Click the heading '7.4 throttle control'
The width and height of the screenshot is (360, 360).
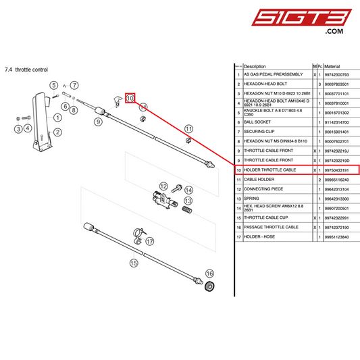(x=26, y=70)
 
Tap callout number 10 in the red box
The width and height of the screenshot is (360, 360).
(x=130, y=99)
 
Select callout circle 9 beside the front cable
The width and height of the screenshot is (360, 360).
(x=98, y=122)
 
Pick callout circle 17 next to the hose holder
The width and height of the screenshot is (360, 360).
(x=150, y=241)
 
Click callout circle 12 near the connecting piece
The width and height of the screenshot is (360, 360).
(x=163, y=186)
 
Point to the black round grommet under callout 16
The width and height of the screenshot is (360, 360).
(x=210, y=288)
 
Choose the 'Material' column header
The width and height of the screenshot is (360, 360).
(x=332, y=66)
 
